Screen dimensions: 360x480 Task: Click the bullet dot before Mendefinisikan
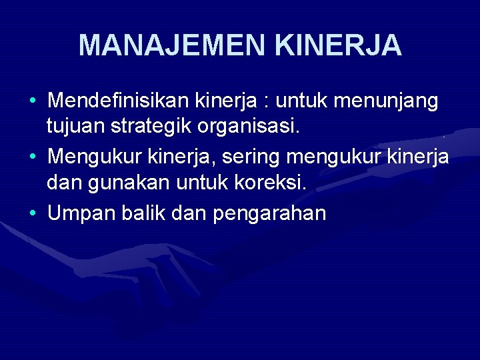click(33, 102)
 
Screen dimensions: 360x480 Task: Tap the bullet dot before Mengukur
click(33, 158)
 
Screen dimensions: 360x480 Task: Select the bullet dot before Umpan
click(33, 214)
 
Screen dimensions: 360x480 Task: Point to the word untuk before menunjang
click(303, 101)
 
